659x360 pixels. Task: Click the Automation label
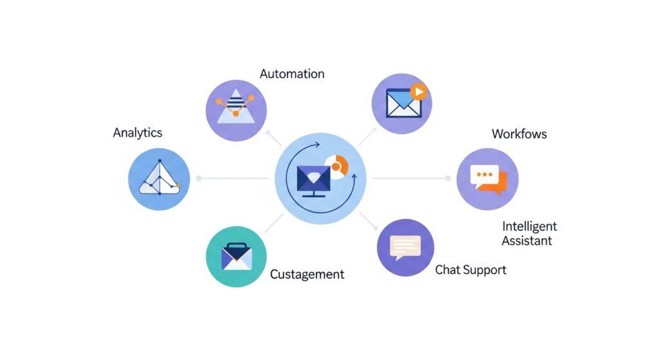(x=292, y=74)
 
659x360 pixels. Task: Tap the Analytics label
(x=137, y=133)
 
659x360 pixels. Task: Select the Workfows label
(x=519, y=134)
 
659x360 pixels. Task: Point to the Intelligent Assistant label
(x=529, y=233)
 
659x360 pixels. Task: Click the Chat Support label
(x=470, y=269)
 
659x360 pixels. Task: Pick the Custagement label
(x=307, y=274)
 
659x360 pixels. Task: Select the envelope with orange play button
(x=402, y=103)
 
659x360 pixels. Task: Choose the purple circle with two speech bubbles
(x=487, y=179)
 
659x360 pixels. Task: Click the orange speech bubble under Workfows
(x=496, y=183)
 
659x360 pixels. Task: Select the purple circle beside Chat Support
(x=405, y=248)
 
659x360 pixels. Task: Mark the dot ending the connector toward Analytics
(x=199, y=178)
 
